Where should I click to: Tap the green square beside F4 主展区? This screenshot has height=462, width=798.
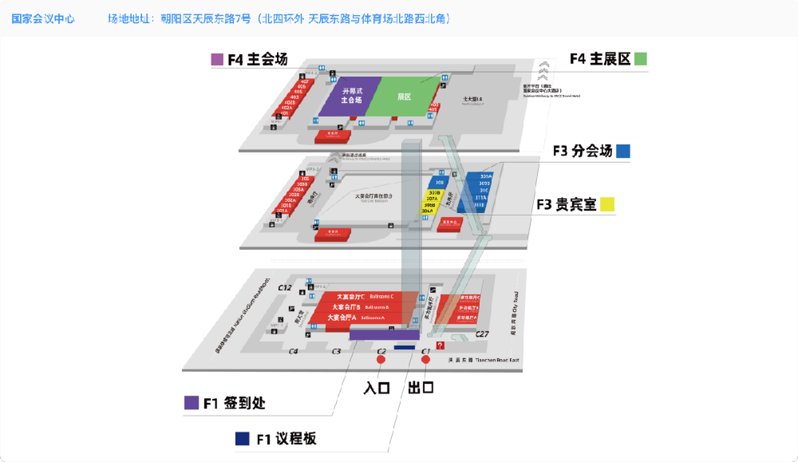tap(642, 59)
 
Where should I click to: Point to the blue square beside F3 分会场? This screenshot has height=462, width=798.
tap(623, 151)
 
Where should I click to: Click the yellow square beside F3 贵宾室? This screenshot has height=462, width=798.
tap(608, 204)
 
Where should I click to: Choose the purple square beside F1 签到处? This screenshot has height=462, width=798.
tap(192, 403)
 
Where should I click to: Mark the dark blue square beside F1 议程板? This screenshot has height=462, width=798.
tap(242, 439)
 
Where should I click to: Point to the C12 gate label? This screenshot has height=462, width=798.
tap(285, 287)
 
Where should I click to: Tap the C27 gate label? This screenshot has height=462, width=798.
tap(482, 334)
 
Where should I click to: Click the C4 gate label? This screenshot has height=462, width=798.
tap(293, 351)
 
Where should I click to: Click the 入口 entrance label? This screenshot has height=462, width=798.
tap(376, 389)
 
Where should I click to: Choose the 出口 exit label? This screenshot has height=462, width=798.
tap(421, 389)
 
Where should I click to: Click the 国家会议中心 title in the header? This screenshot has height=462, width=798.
tap(43, 18)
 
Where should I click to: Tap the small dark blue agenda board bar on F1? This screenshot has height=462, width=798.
tap(404, 348)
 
